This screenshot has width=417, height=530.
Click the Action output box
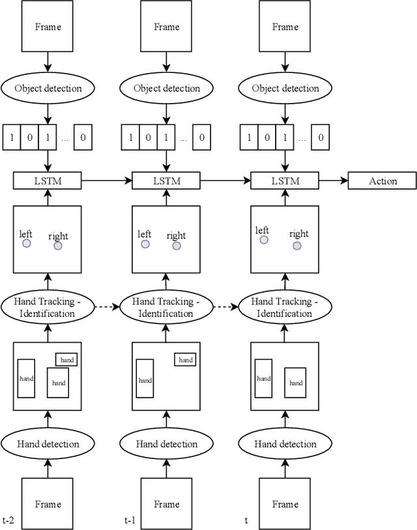(382, 181)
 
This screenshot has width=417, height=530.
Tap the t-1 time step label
(130, 520)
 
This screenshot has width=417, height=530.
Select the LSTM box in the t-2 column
(48, 181)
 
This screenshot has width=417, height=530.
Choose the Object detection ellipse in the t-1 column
(166, 89)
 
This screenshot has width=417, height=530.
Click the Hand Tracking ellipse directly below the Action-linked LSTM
(285, 307)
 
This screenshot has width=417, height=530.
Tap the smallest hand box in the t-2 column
(67, 360)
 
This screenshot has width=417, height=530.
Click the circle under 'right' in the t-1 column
(177, 246)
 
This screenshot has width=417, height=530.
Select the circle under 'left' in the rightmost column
(264, 240)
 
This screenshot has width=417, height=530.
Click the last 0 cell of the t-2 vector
(83, 138)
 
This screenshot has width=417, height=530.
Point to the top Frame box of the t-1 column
(166, 27)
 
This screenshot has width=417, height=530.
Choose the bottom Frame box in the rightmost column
(285, 503)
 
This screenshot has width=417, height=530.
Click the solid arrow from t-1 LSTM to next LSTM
(225, 181)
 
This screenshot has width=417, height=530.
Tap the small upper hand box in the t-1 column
(186, 360)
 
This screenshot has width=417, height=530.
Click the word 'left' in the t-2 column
(26, 234)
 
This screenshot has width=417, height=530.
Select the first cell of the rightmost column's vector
(248, 138)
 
